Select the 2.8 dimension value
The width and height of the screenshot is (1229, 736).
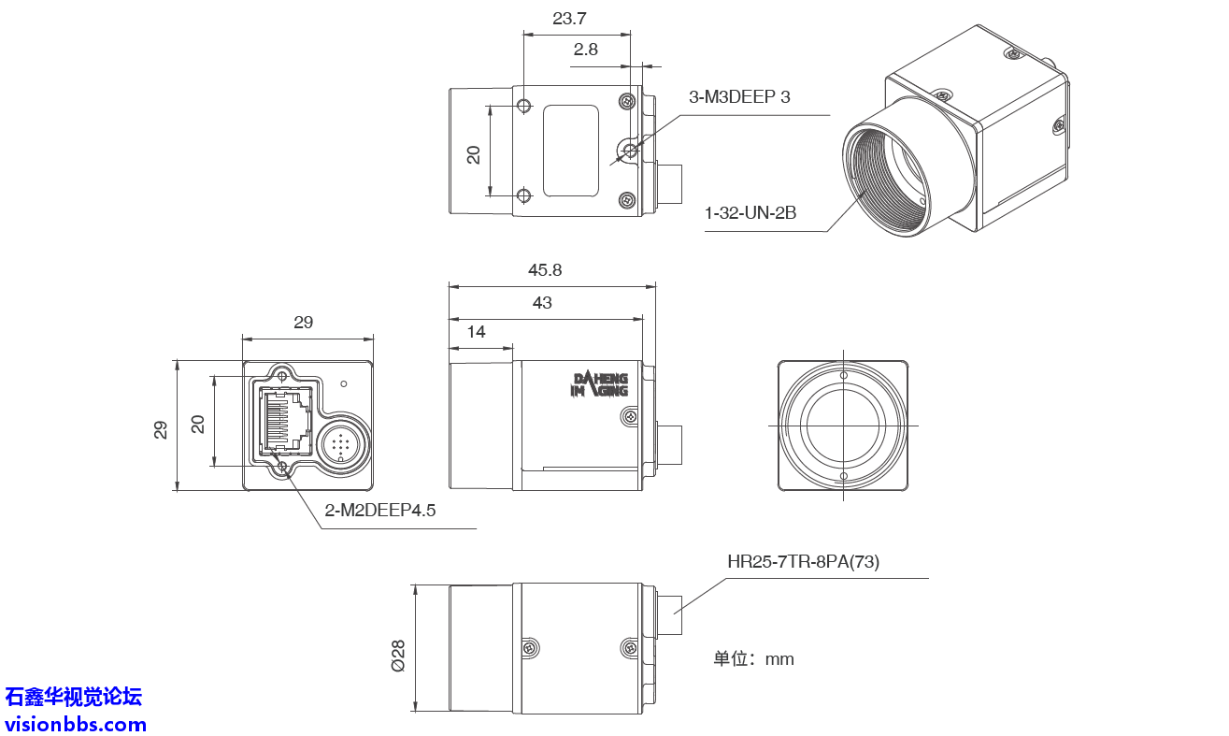point(586,51)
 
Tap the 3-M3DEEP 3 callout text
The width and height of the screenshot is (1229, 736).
point(739,97)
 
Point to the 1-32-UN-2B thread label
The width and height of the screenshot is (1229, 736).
point(750,213)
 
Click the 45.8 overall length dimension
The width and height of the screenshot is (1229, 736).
point(545,270)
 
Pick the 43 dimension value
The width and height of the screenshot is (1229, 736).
point(542,303)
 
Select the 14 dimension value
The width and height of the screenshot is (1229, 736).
point(477,332)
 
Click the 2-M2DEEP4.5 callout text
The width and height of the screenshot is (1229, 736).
point(380,511)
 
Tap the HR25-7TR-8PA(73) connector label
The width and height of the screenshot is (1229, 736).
point(803,562)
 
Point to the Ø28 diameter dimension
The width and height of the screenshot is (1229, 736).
point(398,656)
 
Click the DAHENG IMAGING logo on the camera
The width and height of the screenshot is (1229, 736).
point(600,384)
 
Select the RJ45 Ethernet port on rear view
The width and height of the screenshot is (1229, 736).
point(285,421)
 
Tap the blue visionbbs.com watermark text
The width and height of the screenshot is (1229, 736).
point(76,724)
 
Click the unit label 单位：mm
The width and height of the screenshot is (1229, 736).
point(753,659)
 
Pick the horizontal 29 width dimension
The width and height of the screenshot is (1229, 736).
point(304,323)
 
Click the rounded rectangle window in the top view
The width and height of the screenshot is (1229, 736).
point(571,151)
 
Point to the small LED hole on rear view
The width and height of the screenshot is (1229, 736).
point(344,383)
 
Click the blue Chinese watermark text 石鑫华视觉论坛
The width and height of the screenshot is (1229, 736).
point(74,697)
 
